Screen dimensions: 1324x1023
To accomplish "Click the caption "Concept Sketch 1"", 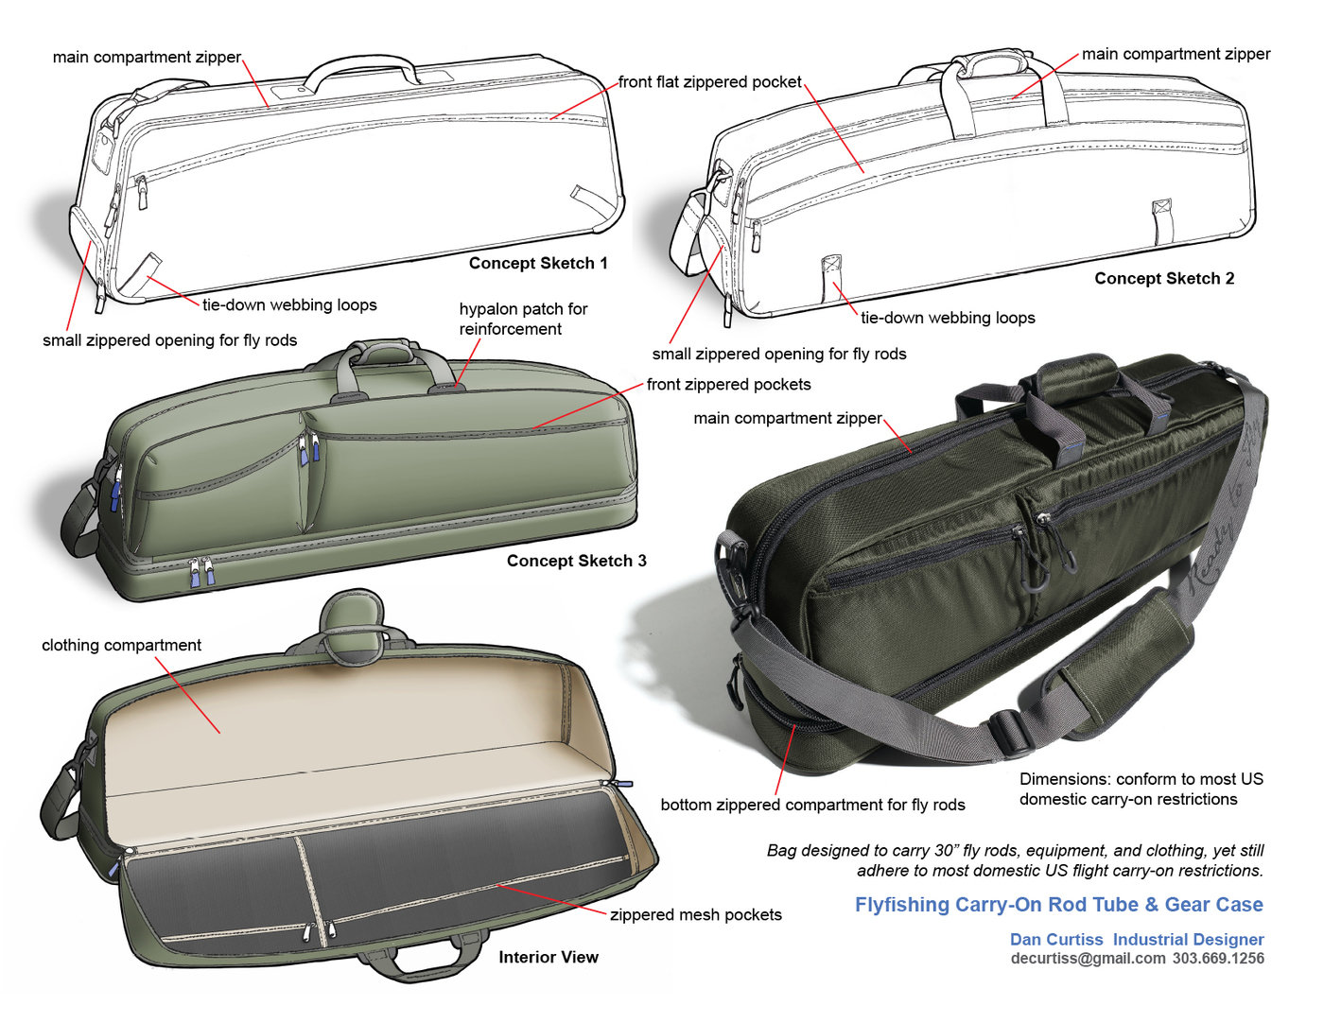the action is pyautogui.click(x=537, y=263).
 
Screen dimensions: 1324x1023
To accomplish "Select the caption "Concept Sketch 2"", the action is pyautogui.click(x=1164, y=278).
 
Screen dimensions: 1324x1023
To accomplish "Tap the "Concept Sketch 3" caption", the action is pyautogui.click(x=576, y=561).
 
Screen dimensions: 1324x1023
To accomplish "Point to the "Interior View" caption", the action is pyautogui.click(x=549, y=957).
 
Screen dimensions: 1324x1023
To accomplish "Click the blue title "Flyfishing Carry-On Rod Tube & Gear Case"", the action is pyautogui.click(x=1059, y=905).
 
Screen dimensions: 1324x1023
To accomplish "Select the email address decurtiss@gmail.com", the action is pyautogui.click(x=1088, y=959).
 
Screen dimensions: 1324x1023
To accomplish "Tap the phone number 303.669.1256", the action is pyautogui.click(x=1219, y=959).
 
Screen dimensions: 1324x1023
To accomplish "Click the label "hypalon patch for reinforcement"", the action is pyautogui.click(x=523, y=319).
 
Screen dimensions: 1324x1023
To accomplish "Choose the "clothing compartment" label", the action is pyautogui.click(x=121, y=645).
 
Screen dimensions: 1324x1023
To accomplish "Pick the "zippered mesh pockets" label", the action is pyautogui.click(x=696, y=914).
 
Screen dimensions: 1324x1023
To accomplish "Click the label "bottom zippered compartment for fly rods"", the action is pyautogui.click(x=812, y=805).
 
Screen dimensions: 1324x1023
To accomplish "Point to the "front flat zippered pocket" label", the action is pyautogui.click(x=710, y=81).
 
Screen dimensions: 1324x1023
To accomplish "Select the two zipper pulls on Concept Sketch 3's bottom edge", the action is pyautogui.click(x=201, y=571).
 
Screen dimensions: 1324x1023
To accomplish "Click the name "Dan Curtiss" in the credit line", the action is pyautogui.click(x=1056, y=940).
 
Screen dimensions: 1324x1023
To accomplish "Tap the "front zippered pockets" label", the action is pyautogui.click(x=729, y=384).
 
